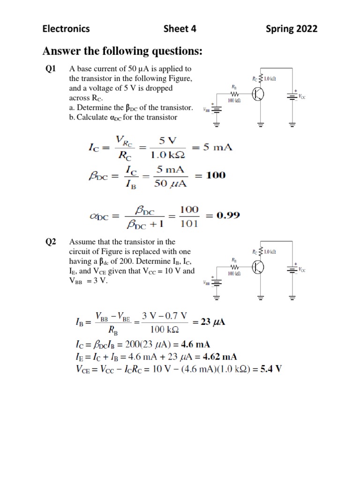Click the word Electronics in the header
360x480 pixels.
pos(66,29)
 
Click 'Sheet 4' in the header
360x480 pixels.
pos(180,29)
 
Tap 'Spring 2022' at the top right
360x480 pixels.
pos(292,29)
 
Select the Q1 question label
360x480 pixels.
pos(51,69)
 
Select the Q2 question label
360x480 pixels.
pos(51,242)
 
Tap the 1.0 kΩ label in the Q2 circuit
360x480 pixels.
pos(270,252)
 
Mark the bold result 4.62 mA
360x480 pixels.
pos(225,356)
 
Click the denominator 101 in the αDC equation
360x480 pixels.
pos(189,223)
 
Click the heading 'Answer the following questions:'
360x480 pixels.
pos(122,51)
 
